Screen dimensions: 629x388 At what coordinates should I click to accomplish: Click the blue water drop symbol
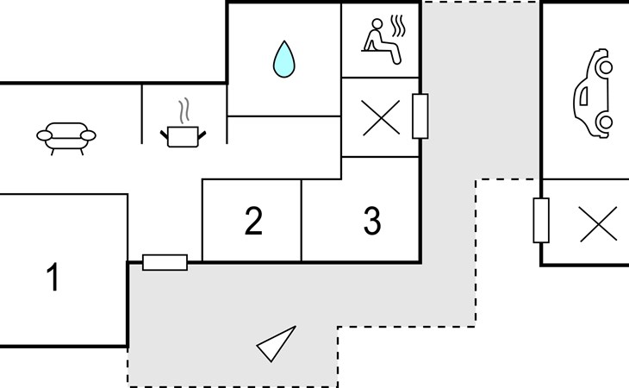pos(284,59)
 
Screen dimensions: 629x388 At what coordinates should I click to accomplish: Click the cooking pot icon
pos(183,136)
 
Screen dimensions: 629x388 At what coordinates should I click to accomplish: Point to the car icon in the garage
pos(594,93)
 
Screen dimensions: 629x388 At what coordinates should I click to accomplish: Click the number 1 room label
pos(53,277)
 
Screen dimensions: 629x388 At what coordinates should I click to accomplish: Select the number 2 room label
pos(253,221)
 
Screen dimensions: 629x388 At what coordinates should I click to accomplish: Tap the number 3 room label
pos(372,221)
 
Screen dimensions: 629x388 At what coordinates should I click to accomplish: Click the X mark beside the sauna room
pos(381,117)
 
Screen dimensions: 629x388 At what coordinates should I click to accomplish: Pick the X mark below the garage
pos(599,224)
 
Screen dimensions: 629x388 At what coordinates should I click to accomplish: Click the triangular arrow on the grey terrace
pos(276,344)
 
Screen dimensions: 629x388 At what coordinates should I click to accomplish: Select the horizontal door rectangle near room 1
pos(165,262)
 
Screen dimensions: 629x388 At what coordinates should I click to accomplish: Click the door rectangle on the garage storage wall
pos(541,220)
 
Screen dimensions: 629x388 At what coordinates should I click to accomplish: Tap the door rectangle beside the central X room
pos(420,116)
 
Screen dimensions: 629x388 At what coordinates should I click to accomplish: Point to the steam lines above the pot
pos(184,110)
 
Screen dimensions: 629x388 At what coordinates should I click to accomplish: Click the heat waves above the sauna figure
pos(398,26)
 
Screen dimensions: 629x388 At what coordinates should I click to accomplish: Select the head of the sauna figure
pos(377,23)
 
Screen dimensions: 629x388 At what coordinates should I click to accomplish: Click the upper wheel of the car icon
pos(605,67)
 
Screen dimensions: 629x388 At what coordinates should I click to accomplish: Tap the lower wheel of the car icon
pos(605,122)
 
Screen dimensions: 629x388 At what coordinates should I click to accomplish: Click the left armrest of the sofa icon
pos(44,135)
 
